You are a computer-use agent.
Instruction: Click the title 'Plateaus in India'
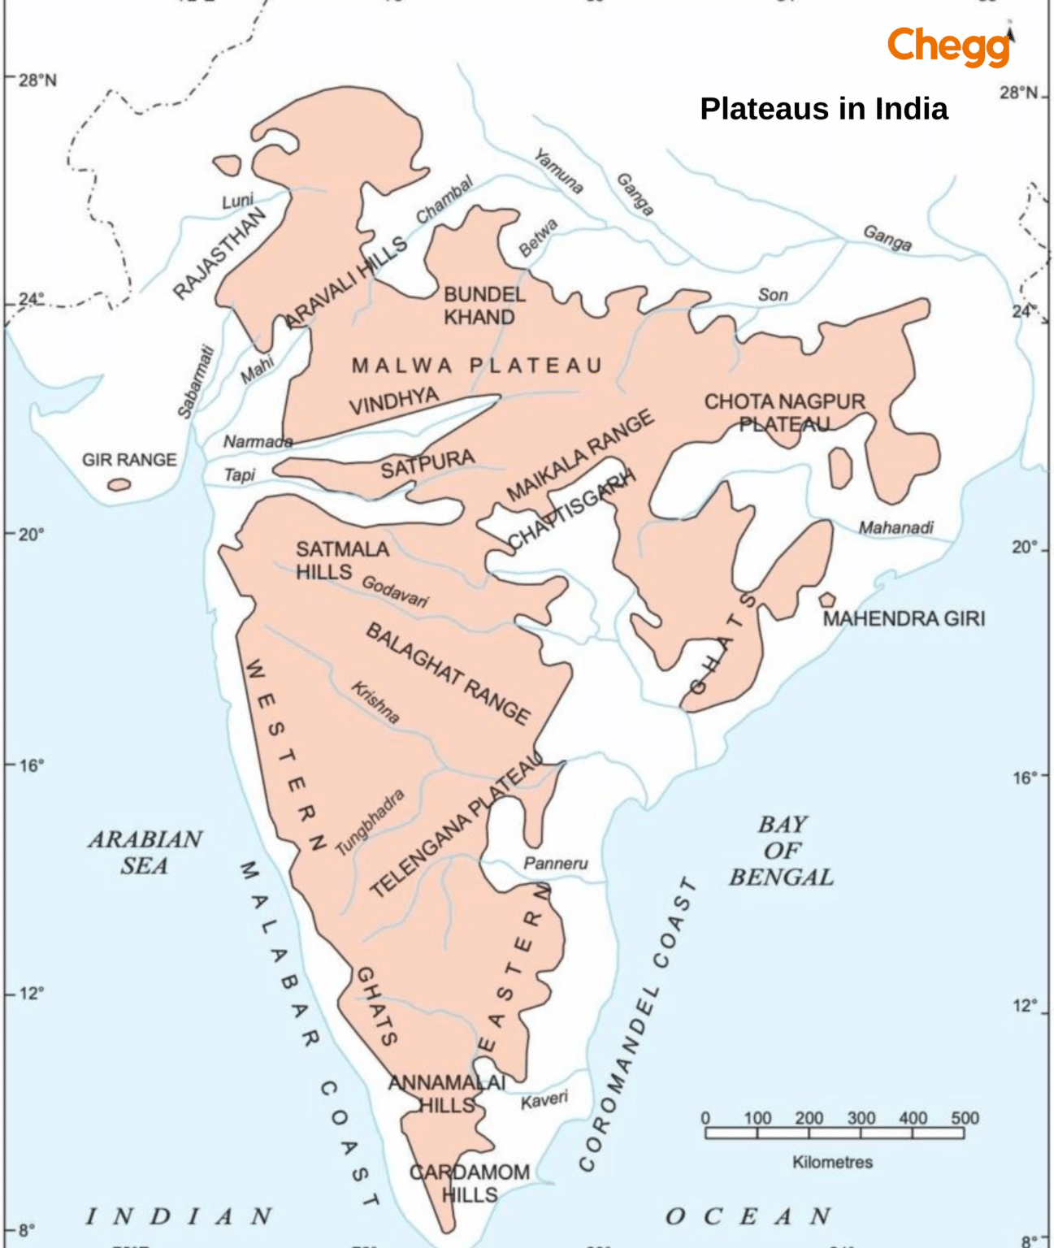823,109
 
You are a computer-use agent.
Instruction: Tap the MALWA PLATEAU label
477,366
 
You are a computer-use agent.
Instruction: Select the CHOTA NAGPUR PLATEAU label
784,412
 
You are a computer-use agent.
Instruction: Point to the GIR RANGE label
129,460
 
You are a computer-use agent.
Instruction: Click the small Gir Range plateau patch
119,485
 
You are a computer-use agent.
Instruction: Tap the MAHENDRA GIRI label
904,619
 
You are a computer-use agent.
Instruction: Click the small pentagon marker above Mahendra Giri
826,600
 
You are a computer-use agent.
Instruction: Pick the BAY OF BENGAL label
781,851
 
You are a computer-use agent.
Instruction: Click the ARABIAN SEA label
145,852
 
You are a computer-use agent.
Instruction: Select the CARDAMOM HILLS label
469,1183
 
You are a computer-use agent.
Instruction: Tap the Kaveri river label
544,1100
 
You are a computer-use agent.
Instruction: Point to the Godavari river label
395,591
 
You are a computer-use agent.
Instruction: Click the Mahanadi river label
896,528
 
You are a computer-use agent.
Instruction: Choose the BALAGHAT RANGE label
448,674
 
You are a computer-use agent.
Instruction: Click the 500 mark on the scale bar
965,1118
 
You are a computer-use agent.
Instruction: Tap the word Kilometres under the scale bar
832,1162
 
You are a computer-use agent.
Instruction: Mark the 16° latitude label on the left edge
30,765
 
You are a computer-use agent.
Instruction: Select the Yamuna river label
558,171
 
